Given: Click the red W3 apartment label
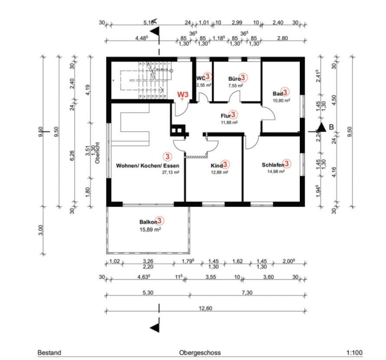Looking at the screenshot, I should click(183, 94).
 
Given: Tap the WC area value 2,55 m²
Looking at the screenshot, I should click(204, 85).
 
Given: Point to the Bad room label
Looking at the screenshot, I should click(278, 93).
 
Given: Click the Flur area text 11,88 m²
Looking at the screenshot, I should click(229, 122).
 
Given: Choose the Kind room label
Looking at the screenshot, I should click(217, 166).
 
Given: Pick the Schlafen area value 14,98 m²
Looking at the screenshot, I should click(275, 171).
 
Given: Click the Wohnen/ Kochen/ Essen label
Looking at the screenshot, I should click(148, 165).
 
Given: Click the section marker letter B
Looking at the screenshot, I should click(331, 127).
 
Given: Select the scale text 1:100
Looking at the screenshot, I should click(354, 353).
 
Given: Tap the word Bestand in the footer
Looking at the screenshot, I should click(49, 353).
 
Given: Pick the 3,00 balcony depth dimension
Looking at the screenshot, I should click(42, 230).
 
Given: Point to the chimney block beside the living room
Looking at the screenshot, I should click(178, 130).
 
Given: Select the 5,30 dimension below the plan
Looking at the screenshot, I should click(147, 293).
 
